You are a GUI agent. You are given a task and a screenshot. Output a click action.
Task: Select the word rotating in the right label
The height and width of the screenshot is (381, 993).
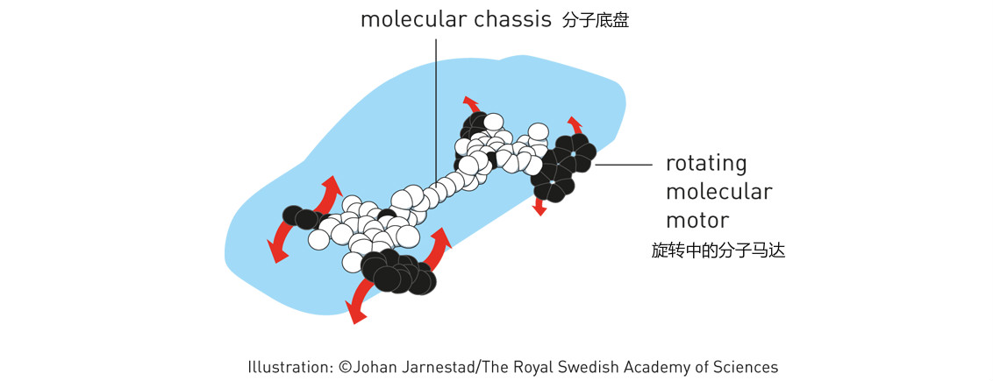(706, 165)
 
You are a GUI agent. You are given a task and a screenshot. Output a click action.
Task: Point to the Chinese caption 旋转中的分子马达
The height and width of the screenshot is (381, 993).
(718, 250)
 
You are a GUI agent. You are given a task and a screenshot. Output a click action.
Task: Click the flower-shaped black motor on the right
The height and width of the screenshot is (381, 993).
(561, 165)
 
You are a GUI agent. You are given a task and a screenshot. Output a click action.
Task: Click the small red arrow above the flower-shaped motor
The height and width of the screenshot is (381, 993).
(574, 123)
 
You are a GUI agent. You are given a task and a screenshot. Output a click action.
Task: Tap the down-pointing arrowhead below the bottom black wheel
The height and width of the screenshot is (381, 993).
(354, 313)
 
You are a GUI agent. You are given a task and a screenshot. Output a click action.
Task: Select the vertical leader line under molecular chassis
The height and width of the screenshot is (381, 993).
(436, 105)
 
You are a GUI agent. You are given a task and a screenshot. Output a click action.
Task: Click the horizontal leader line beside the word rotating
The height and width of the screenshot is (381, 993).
(624, 164)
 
